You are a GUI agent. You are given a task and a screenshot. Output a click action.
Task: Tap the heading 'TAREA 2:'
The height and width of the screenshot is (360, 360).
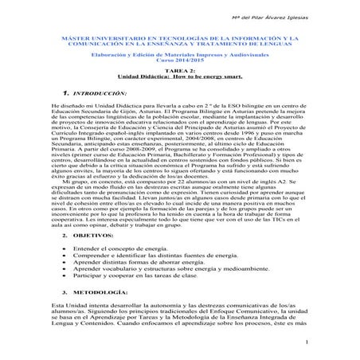[x=180, y=70]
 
